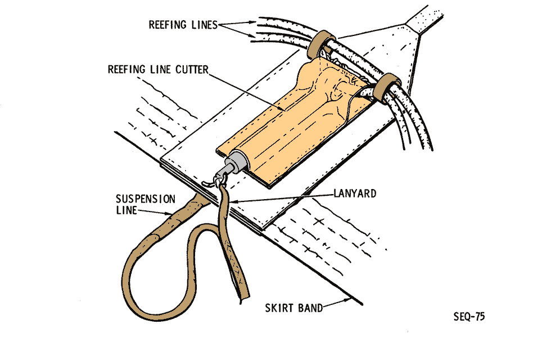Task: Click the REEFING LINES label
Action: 182,25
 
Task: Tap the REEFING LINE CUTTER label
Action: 158,70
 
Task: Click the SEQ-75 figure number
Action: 469,317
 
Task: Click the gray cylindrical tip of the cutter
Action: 236,164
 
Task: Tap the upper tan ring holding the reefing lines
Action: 321,43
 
